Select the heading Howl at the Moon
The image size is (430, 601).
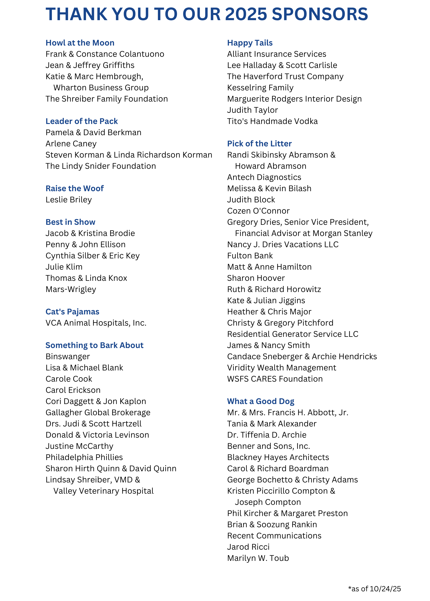80,43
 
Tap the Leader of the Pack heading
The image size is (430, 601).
82,121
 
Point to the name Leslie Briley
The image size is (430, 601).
68,200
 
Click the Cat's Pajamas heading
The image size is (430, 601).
72,312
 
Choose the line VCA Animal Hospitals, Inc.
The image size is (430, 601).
96,323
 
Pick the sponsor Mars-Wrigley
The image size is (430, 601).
71,289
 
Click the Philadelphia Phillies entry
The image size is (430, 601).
84,457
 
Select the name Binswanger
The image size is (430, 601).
68,357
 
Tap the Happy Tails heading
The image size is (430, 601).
250,43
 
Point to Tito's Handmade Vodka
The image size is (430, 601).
272,121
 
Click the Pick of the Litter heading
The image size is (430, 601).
259,144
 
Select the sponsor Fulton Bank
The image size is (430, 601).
250,256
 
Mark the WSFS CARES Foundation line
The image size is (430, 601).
275,379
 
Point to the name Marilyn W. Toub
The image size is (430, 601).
258,558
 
